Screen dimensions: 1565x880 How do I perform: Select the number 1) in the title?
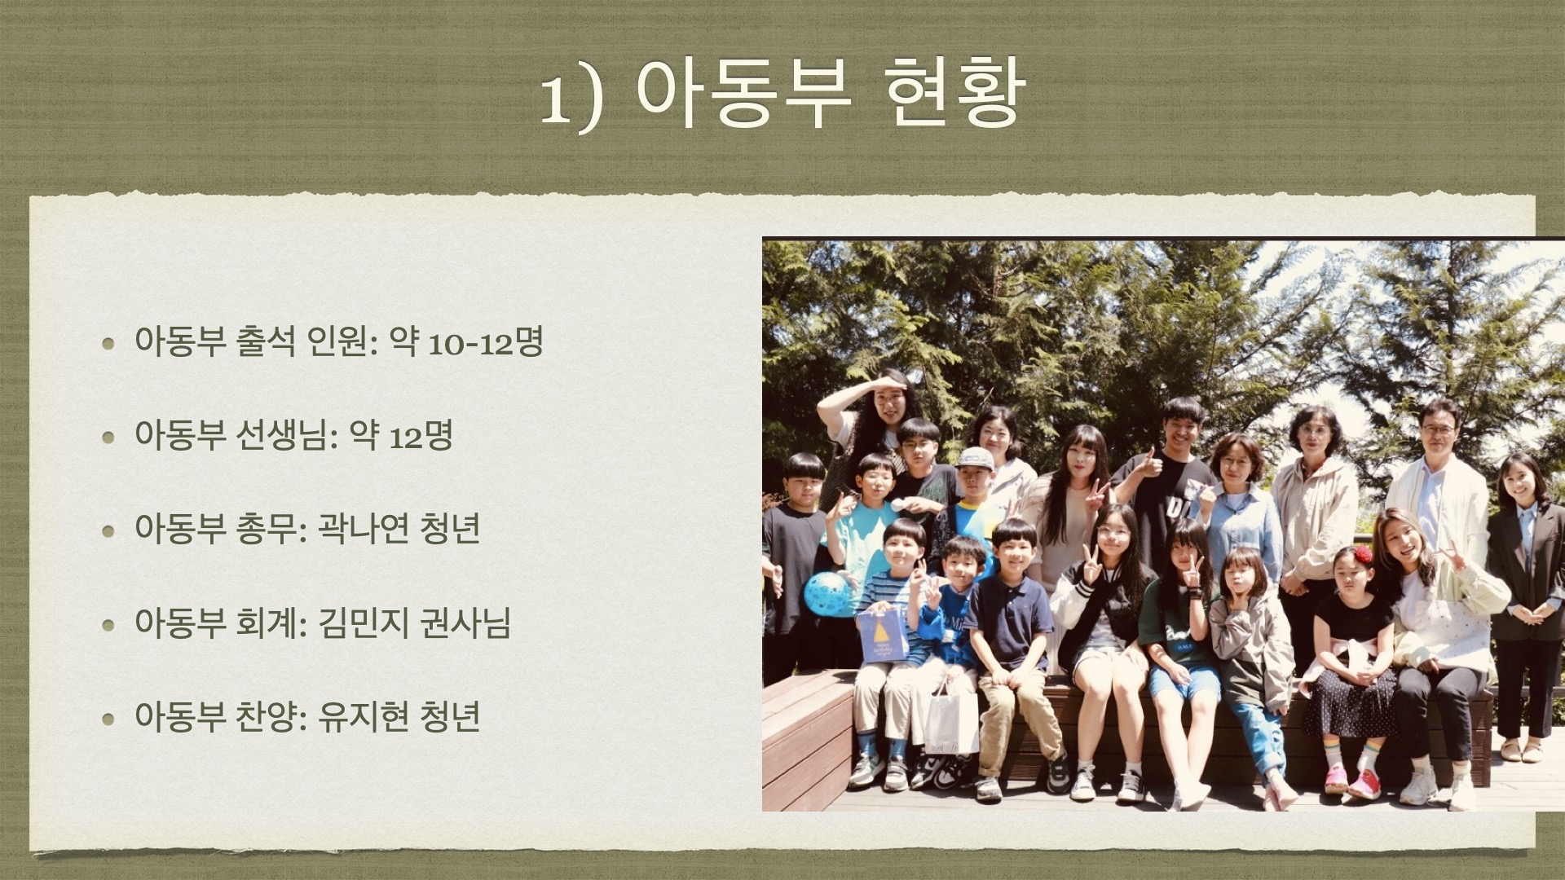tap(573, 99)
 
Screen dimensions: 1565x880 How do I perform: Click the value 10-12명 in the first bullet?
tap(486, 343)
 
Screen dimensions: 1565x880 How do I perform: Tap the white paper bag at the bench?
tap(951, 717)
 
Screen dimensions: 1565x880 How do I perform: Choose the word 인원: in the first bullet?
tap(342, 343)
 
